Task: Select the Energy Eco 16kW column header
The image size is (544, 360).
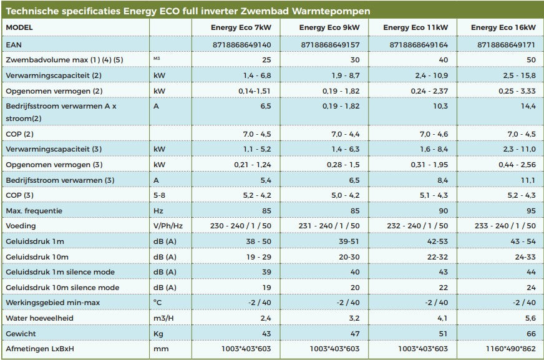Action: click(x=503, y=27)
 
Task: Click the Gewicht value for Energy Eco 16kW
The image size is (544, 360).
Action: click(x=530, y=334)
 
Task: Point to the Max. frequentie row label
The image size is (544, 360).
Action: click(x=34, y=211)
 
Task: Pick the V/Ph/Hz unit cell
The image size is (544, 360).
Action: click(x=168, y=226)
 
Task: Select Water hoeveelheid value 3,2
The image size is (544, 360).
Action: click(x=353, y=318)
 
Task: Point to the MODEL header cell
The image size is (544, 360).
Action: click(x=19, y=27)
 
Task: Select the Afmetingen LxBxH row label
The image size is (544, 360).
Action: click(x=41, y=349)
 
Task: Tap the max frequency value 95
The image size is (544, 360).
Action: click(x=530, y=211)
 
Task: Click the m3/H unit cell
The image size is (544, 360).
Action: click(x=164, y=318)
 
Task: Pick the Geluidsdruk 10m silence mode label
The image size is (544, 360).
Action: click(x=62, y=288)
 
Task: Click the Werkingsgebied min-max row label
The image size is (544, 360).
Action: click(x=52, y=303)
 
